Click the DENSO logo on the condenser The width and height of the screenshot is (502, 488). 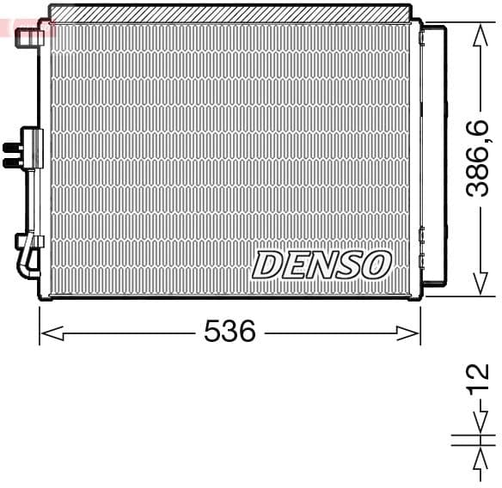pyautogui.click(x=321, y=265)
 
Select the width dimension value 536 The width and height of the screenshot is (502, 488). pyautogui.click(x=230, y=332)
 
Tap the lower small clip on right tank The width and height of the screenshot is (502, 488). pyautogui.click(x=421, y=235)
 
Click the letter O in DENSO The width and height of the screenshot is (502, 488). pyautogui.click(x=376, y=265)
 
